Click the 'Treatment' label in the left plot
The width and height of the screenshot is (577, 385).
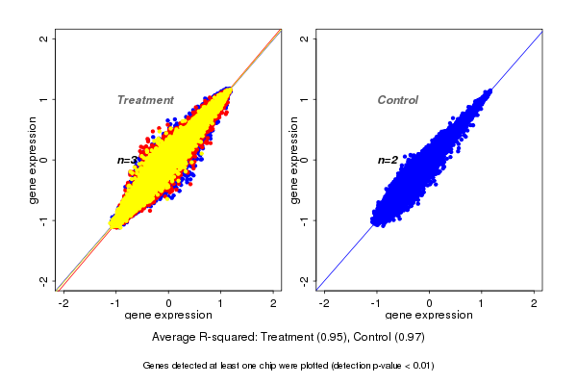click(145, 100)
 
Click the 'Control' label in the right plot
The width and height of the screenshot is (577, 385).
click(398, 100)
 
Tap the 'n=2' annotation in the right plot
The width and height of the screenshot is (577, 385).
click(388, 160)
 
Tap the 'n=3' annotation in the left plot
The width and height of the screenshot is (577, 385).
click(127, 160)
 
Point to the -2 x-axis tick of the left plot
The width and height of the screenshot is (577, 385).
click(64, 302)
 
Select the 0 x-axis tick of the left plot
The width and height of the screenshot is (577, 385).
click(169, 302)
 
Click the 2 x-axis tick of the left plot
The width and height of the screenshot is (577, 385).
click(274, 302)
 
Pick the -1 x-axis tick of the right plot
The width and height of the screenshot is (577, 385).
click(377, 302)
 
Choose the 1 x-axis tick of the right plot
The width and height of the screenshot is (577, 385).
click(482, 302)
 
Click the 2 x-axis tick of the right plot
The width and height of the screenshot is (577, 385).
click(535, 302)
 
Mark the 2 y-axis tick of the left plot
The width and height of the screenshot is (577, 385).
click(44, 38)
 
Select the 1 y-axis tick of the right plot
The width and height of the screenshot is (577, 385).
click(305, 99)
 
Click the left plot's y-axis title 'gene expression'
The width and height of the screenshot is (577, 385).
click(34, 160)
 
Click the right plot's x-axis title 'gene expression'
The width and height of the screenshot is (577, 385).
click(430, 316)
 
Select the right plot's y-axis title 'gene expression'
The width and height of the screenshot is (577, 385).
click(294, 160)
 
